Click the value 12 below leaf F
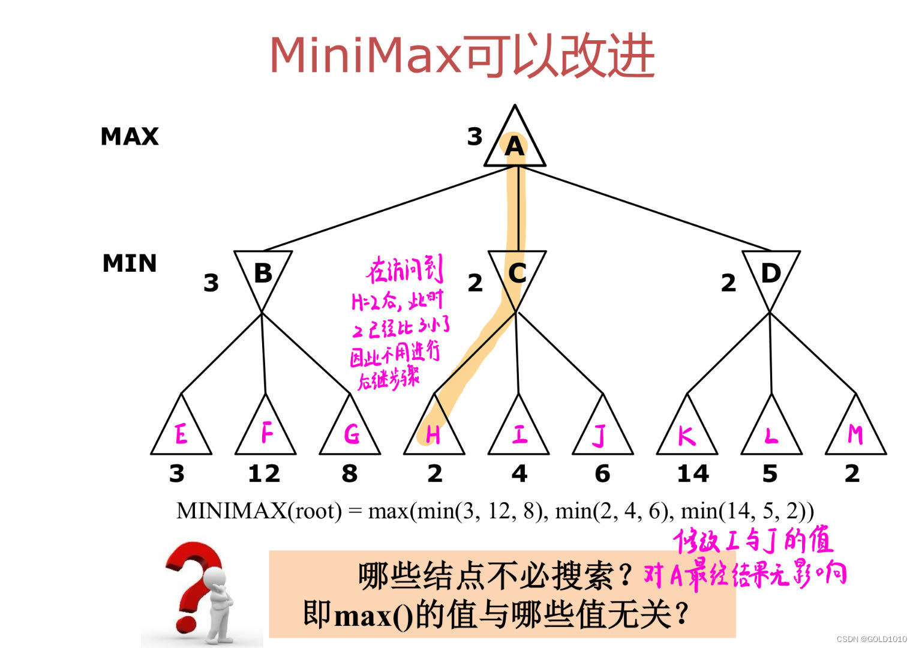pyautogui.click(x=264, y=474)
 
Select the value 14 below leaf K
pyautogui.click(x=693, y=474)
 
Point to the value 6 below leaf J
pyautogui.click(x=602, y=474)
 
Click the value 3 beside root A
pyautogui.click(x=474, y=137)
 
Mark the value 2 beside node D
pyautogui.click(x=728, y=283)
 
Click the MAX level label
pyautogui.click(x=130, y=137)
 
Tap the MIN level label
pyautogui.click(x=130, y=263)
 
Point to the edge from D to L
pyautogui.click(x=770, y=353)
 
